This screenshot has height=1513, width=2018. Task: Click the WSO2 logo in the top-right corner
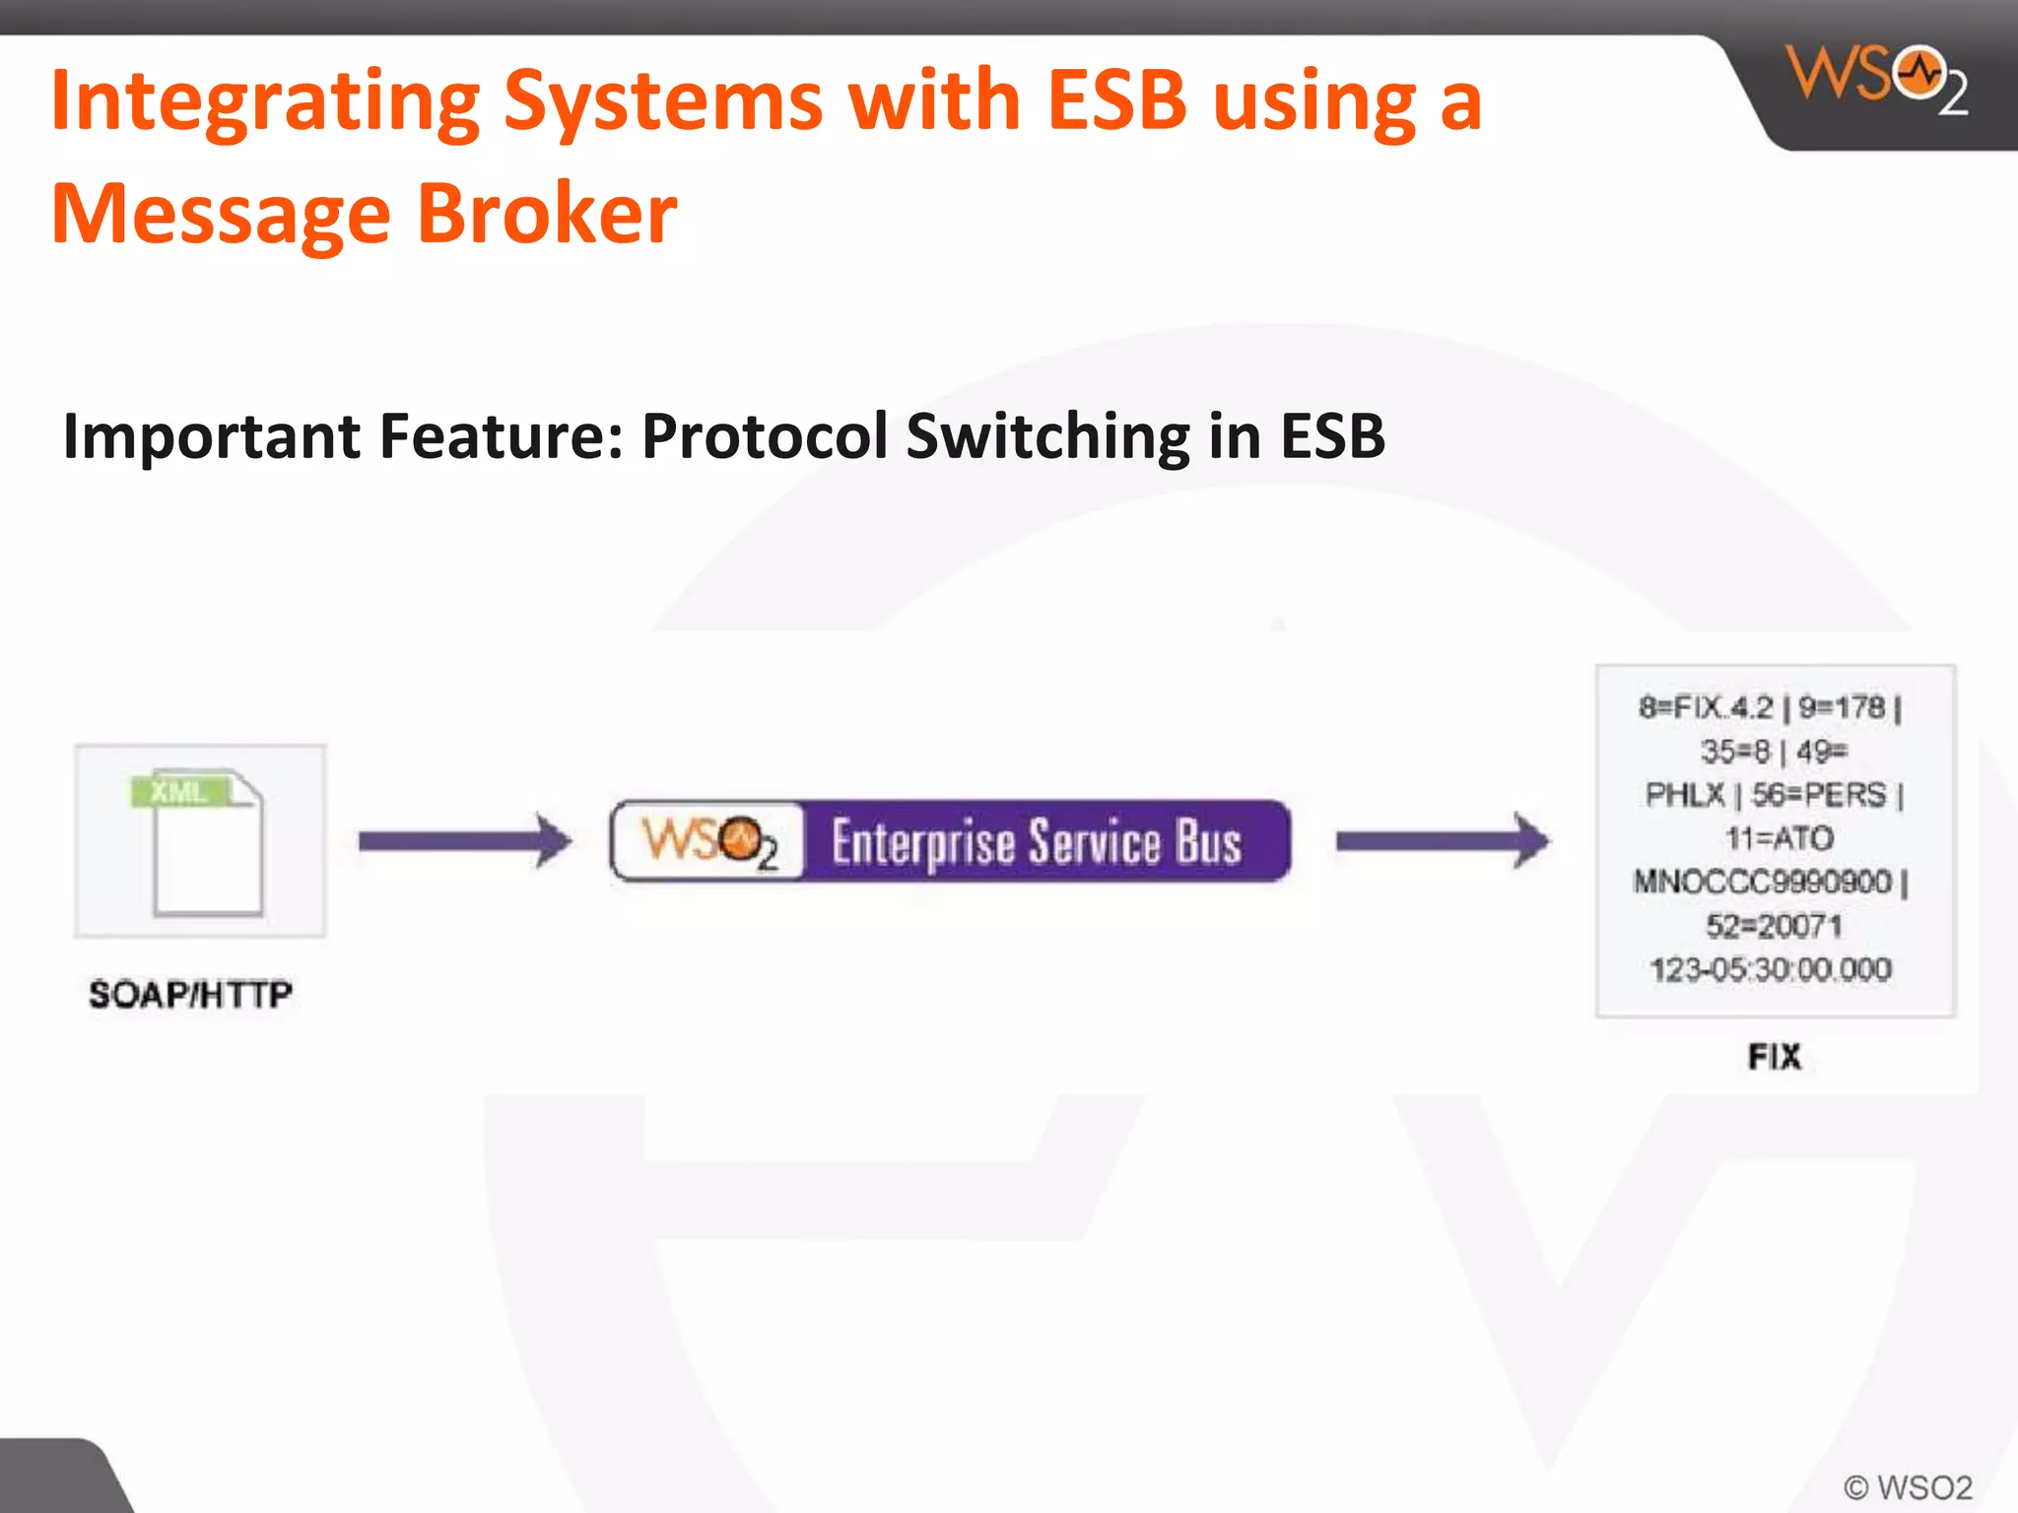click(x=1877, y=79)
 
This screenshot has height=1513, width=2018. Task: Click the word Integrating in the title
click(x=264, y=101)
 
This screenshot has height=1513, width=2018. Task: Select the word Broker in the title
click(x=547, y=214)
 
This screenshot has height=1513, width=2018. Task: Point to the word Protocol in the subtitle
click(x=765, y=435)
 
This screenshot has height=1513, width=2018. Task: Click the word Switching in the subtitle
click(x=1047, y=437)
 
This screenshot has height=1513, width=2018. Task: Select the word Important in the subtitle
click(x=210, y=437)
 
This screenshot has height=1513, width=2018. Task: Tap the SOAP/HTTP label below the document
click(x=190, y=994)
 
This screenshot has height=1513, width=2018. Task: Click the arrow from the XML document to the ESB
click(x=464, y=840)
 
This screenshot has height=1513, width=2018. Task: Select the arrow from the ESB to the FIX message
click(x=1442, y=840)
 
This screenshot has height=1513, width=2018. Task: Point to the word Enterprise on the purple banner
click(x=922, y=843)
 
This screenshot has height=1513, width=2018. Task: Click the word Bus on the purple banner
click(x=1208, y=842)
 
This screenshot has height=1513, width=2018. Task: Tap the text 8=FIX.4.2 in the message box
click(x=1705, y=707)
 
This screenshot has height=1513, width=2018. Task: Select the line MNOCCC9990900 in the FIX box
click(x=1762, y=881)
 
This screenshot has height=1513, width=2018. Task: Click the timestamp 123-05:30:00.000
click(x=1771, y=969)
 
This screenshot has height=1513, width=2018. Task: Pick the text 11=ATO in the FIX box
click(x=1779, y=838)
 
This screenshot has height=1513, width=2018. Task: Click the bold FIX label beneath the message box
click(x=1775, y=1057)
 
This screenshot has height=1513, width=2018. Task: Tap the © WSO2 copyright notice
click(x=1908, y=1486)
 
